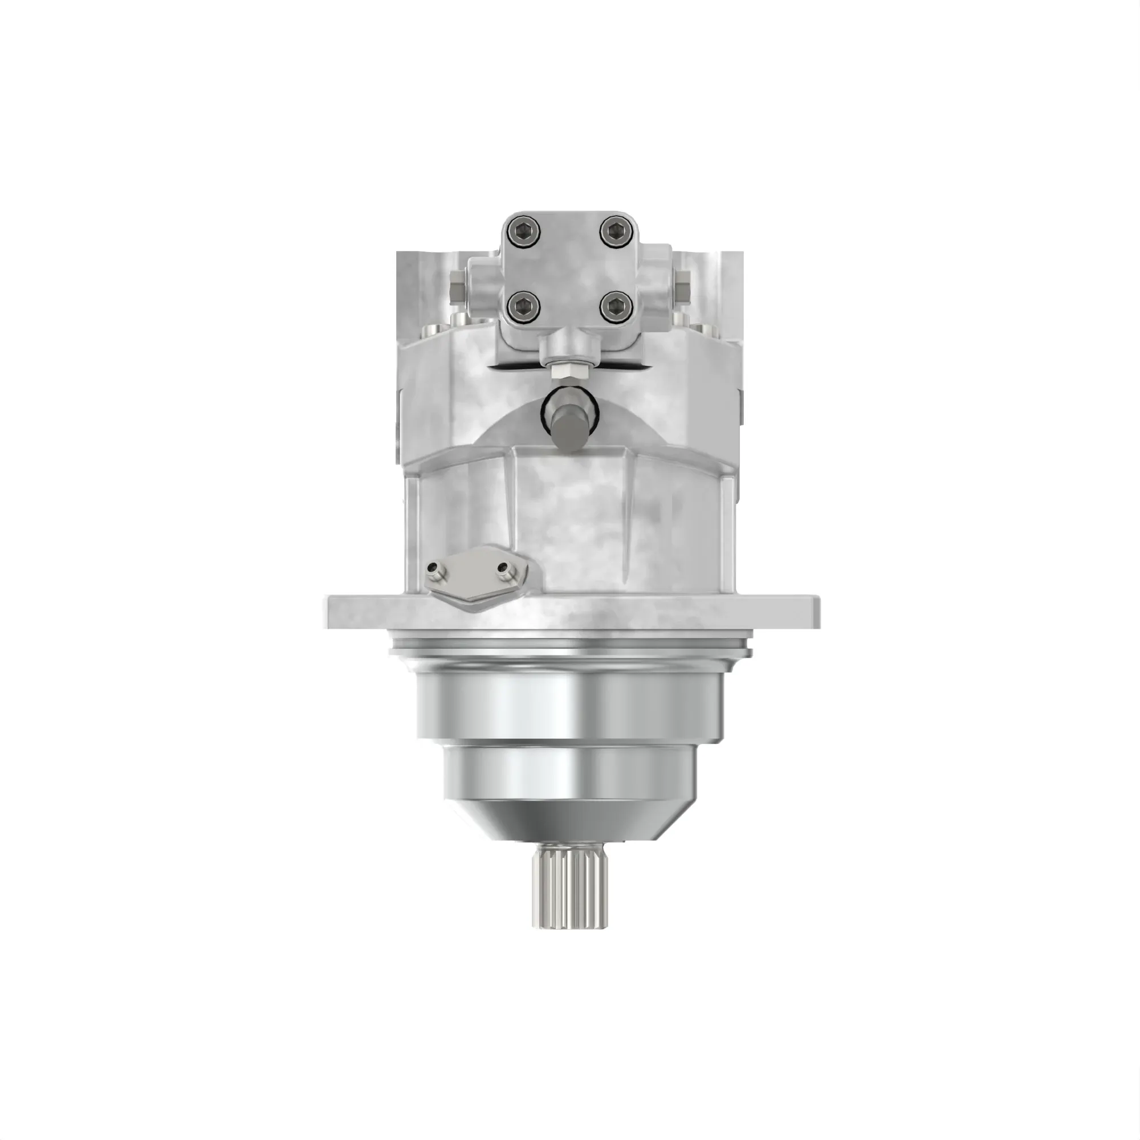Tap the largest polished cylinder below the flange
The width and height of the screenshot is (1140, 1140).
click(569, 702)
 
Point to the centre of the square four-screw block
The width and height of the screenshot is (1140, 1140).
click(569, 268)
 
